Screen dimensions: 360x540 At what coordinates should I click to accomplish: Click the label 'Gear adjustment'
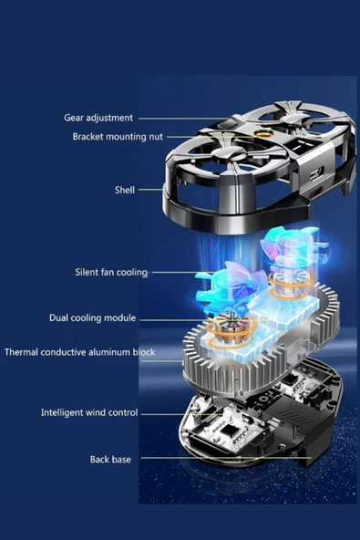click(98, 118)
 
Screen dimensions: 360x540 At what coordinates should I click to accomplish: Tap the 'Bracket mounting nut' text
click(118, 137)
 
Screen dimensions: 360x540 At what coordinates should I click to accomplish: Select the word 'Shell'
click(125, 190)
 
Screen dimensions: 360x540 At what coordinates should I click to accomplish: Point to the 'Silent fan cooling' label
click(111, 272)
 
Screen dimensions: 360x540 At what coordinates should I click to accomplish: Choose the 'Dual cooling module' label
click(92, 317)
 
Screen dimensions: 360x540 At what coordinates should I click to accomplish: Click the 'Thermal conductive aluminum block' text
click(79, 352)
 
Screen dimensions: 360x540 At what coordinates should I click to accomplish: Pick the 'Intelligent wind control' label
click(89, 412)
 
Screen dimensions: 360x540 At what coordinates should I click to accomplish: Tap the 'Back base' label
click(110, 459)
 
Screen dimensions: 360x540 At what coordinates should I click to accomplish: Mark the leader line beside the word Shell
click(150, 190)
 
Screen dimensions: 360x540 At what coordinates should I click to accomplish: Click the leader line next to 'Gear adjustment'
click(183, 119)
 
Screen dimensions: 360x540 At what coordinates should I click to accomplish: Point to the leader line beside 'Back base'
click(226, 459)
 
